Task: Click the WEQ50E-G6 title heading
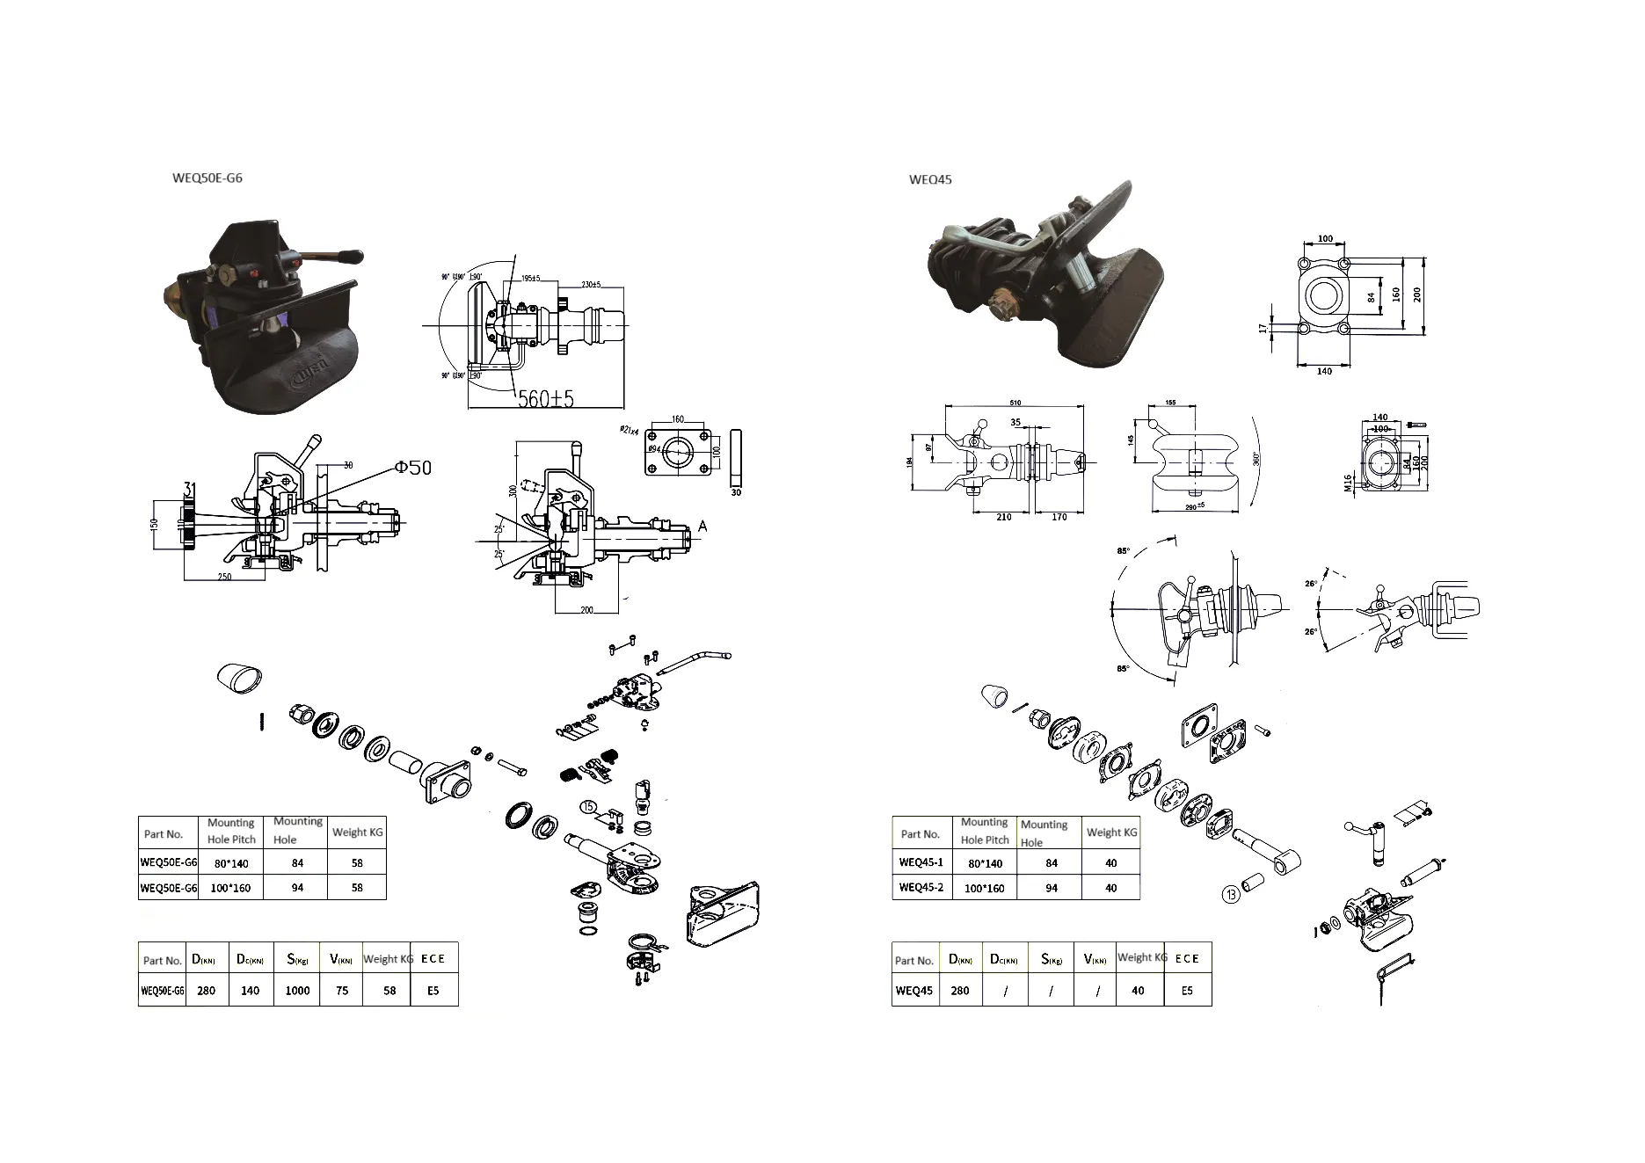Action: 207,178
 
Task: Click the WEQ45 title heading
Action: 929,179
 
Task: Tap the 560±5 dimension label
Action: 545,399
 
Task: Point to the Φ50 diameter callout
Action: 413,467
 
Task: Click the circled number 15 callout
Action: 588,805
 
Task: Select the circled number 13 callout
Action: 1231,895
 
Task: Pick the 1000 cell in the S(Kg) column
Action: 297,990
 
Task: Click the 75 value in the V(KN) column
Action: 342,990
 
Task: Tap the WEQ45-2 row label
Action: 921,887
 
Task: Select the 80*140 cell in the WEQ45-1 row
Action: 985,863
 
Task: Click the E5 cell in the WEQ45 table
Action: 1187,990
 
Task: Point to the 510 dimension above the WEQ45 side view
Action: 1015,403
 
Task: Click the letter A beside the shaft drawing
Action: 702,526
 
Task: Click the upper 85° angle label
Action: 1123,551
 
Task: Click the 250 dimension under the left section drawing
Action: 224,577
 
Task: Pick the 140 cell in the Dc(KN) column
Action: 251,990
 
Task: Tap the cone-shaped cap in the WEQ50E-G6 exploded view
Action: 238,678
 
